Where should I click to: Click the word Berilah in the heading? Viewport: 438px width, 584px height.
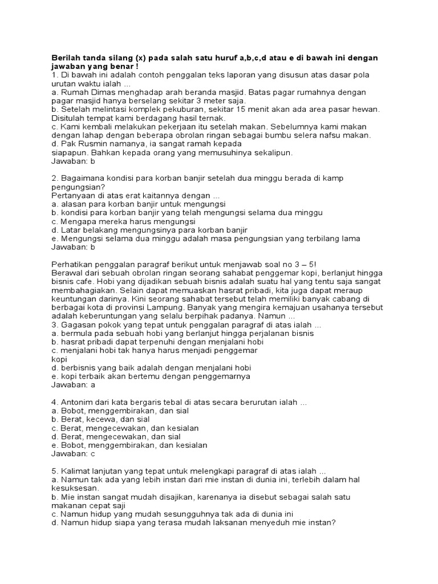click(67, 58)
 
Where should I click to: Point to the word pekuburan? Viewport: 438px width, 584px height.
click(166, 109)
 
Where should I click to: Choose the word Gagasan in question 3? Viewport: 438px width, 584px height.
click(80, 325)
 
